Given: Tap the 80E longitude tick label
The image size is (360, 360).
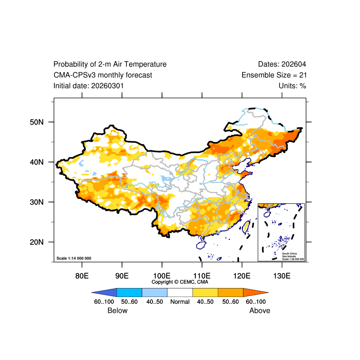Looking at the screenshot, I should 81,275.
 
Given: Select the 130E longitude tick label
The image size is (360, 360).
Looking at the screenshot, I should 282,275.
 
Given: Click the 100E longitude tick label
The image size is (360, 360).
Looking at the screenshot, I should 162,275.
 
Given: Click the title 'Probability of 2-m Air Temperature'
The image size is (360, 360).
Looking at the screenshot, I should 110,64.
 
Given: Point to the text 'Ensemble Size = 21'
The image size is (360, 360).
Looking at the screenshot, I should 274,75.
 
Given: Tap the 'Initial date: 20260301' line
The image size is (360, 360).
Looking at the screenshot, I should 89,85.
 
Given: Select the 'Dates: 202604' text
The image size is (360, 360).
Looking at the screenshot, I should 282,64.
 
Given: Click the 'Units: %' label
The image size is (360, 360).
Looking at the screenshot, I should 292,85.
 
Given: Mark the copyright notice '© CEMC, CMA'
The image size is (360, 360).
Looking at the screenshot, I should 180,282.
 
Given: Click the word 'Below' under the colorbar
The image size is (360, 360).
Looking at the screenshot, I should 117,310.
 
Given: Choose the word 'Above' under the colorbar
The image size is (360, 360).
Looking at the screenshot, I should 260,310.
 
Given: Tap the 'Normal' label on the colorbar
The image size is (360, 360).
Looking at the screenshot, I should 180,302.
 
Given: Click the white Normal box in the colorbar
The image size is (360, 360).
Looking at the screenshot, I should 180,292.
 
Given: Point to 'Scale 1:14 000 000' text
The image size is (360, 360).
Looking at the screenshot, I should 74,258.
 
